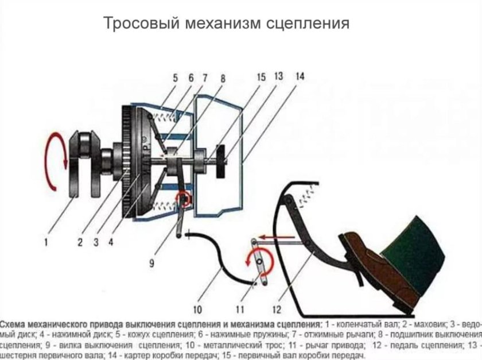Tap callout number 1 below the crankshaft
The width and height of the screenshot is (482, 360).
tap(46, 242)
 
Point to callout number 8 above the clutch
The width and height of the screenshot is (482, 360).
tap(223, 76)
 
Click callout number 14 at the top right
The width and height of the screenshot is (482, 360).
tap(299, 76)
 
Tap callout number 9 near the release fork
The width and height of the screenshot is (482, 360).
tap(152, 264)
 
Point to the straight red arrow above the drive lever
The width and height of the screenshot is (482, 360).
tap(273, 235)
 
